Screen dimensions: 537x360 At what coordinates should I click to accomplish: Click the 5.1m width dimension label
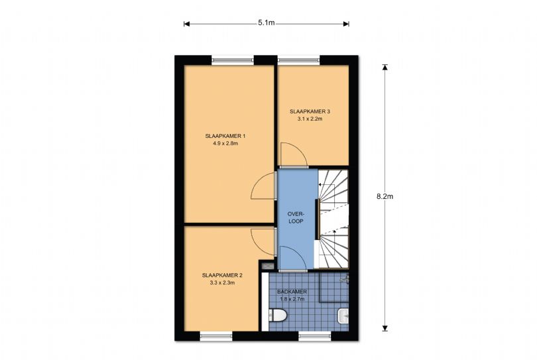266,23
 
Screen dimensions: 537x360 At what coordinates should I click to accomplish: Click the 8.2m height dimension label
385,197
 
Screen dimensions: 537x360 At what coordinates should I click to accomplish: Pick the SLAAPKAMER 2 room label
222,275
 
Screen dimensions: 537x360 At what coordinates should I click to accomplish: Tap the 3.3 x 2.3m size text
222,283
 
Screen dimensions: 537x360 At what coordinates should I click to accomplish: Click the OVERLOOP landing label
296,217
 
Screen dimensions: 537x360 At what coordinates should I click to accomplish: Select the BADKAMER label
292,292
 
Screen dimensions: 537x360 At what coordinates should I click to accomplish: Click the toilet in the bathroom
277,315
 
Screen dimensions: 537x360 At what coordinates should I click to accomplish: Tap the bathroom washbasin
343,316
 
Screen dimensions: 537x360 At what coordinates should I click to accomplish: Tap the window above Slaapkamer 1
233,60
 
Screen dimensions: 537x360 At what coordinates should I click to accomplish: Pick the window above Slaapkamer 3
298,60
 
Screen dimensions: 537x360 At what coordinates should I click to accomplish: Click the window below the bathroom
315,336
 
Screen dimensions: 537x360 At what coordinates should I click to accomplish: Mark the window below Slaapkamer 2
216,336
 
